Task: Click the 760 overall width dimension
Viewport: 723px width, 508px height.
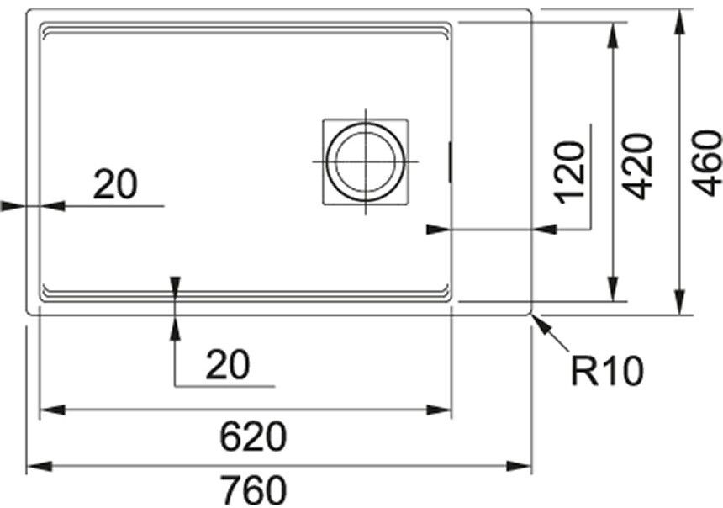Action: tap(253, 490)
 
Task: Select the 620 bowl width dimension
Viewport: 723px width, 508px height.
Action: tap(253, 437)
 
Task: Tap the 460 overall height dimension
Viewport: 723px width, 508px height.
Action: tap(707, 162)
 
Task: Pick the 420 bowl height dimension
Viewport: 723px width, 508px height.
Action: tap(638, 166)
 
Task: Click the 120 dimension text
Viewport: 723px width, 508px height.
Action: tap(570, 172)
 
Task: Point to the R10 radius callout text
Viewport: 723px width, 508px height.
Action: tap(607, 371)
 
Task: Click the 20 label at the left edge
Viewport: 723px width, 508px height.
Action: tap(115, 184)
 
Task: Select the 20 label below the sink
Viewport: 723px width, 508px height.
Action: tap(228, 364)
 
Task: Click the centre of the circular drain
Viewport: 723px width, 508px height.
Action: tap(366, 161)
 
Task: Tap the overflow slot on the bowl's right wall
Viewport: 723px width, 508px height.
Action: tap(450, 161)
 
